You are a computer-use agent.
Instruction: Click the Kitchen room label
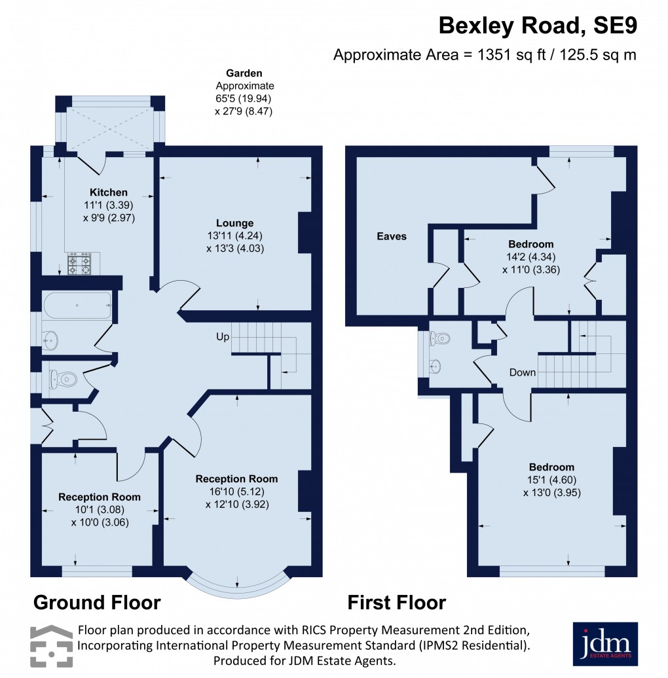pos(109,192)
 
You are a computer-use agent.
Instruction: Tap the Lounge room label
pos(236,223)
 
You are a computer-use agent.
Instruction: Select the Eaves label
pos(391,236)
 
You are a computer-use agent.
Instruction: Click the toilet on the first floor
pos(440,340)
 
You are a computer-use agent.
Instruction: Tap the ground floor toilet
pos(64,378)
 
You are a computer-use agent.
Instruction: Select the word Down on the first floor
pos(523,372)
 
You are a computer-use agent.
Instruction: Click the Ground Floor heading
pos(96,601)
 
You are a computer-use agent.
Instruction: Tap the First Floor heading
pos(396,601)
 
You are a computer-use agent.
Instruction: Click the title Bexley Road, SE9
pos(537,26)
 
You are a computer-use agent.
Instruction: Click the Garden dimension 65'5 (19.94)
pos(244,99)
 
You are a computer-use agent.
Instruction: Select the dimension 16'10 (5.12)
pos(236,491)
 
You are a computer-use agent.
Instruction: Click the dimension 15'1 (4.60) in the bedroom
pos(551,480)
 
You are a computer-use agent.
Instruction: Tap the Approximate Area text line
pos(485,55)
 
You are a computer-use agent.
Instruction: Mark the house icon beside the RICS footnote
pos(50,644)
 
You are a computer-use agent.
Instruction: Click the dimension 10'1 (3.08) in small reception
pos(99,510)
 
